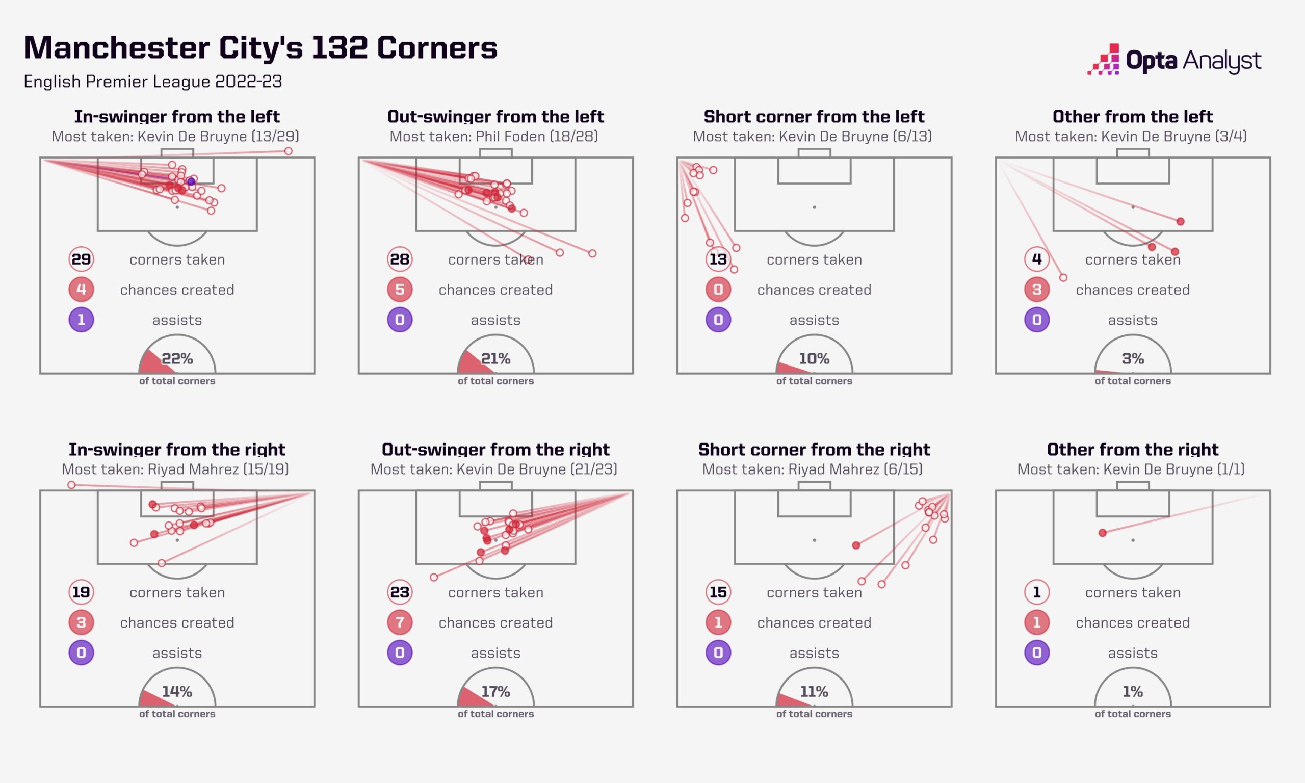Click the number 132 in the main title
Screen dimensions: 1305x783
point(339,47)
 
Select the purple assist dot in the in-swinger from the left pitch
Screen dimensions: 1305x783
point(191,181)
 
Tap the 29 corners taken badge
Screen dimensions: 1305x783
point(81,259)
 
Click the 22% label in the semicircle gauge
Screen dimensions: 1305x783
point(177,359)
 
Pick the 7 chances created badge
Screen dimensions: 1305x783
point(400,622)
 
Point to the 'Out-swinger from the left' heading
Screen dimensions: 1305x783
point(496,117)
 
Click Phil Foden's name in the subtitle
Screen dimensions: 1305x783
point(511,137)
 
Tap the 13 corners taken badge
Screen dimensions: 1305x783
point(718,259)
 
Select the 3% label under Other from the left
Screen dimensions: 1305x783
point(1133,359)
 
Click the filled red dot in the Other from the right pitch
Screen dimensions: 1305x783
point(1103,533)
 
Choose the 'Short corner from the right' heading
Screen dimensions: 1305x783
point(815,450)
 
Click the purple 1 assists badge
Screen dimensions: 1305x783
point(81,320)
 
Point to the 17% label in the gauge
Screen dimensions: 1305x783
point(496,692)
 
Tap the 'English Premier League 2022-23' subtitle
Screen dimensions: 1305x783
point(153,82)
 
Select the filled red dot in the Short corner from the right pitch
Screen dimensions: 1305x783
point(856,545)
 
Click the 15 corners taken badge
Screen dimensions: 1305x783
point(718,592)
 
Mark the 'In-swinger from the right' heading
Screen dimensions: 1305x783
point(177,450)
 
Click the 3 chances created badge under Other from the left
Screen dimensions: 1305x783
point(1037,290)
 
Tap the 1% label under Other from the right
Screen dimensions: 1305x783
point(1133,692)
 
